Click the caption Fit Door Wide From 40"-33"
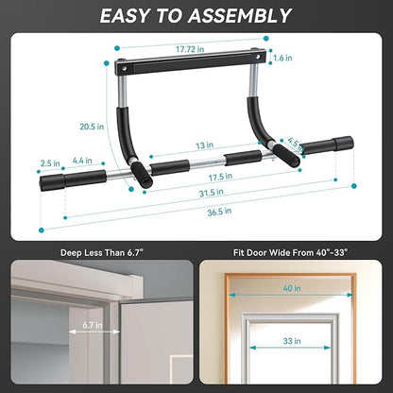tap(293, 252)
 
